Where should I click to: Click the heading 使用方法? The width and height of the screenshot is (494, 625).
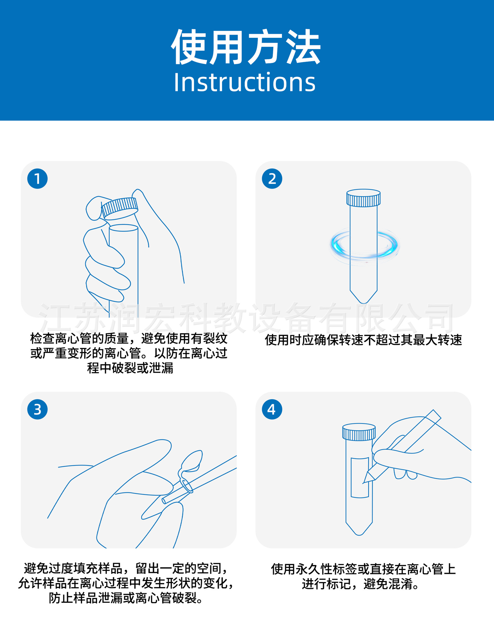pos(246,48)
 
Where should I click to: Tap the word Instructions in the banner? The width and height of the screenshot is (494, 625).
pos(245,82)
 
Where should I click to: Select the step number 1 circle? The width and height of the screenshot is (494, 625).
pos(37,178)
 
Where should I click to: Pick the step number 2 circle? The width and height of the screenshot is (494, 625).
pos(272,178)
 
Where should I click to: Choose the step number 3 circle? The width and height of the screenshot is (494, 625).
pos(37,409)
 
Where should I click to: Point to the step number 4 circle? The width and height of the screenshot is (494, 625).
pos(272,409)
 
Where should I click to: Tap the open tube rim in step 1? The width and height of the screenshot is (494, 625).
pos(123,228)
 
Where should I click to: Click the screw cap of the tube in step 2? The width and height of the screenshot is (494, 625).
pos(363,198)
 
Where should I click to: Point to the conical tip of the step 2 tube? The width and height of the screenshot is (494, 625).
pos(363,297)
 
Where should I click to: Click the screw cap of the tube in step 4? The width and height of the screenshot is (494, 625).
pos(359,432)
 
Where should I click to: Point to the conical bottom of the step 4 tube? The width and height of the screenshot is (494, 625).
pos(359,529)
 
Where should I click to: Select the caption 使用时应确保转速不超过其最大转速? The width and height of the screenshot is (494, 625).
pos(363,340)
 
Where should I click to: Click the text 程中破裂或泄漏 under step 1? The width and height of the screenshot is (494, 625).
pos(130,368)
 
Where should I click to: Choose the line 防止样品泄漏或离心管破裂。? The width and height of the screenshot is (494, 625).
pos(126,598)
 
